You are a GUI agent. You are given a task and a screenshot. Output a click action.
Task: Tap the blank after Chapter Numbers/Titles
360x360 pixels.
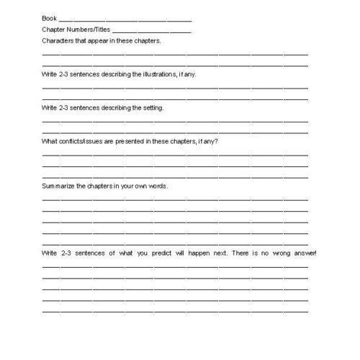click(152, 32)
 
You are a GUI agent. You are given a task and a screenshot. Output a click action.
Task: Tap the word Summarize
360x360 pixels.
click(58, 185)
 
